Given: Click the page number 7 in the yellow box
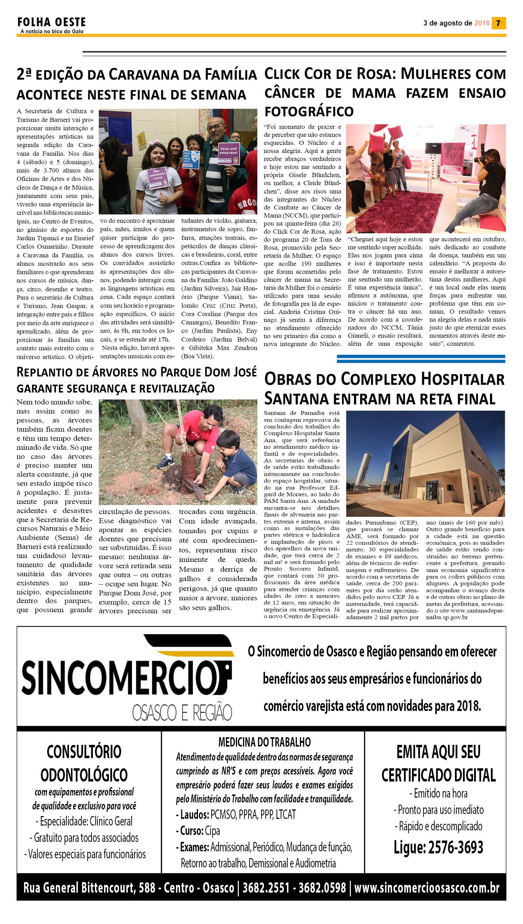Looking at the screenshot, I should (498, 23).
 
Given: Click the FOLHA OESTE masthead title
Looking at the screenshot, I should (51, 22).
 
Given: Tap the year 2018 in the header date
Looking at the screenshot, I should (482, 23).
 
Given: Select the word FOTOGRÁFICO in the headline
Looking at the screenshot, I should (309, 111).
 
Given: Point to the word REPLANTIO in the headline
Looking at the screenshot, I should (45, 372).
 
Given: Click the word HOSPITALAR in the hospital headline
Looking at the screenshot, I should (462, 379).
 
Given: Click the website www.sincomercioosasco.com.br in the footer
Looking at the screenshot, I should (427, 888).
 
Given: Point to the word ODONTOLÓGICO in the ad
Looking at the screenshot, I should (84, 775).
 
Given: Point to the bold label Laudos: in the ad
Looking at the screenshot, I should (194, 814).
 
